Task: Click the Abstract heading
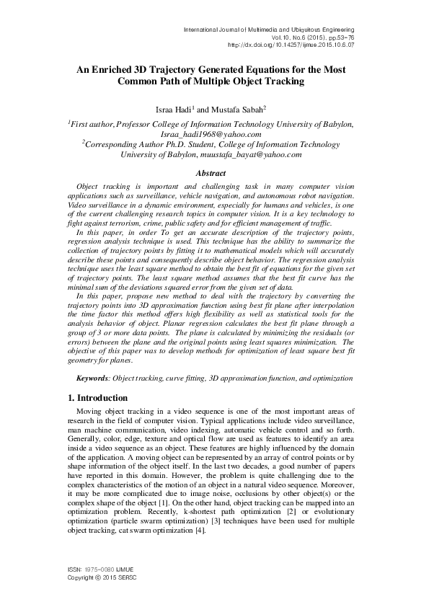[215, 173]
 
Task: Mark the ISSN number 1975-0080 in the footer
[100, 571]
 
